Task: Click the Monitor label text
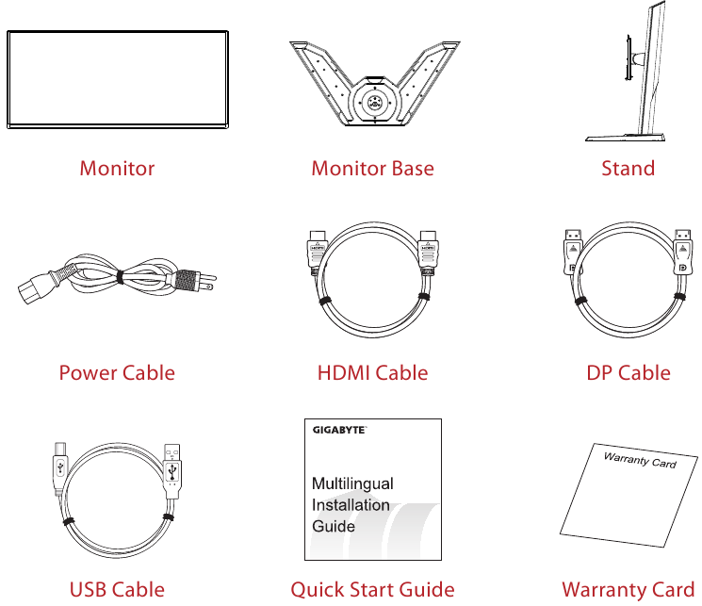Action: point(117,169)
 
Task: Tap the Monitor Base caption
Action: point(372,169)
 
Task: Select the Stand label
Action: point(628,169)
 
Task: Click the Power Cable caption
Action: point(117,373)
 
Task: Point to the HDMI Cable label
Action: point(372,373)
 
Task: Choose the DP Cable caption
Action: point(629,373)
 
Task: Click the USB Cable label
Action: point(117,590)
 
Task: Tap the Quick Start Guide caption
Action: point(372,590)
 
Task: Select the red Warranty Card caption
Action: point(628,590)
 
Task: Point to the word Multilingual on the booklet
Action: point(352,483)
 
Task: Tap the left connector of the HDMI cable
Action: point(318,251)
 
